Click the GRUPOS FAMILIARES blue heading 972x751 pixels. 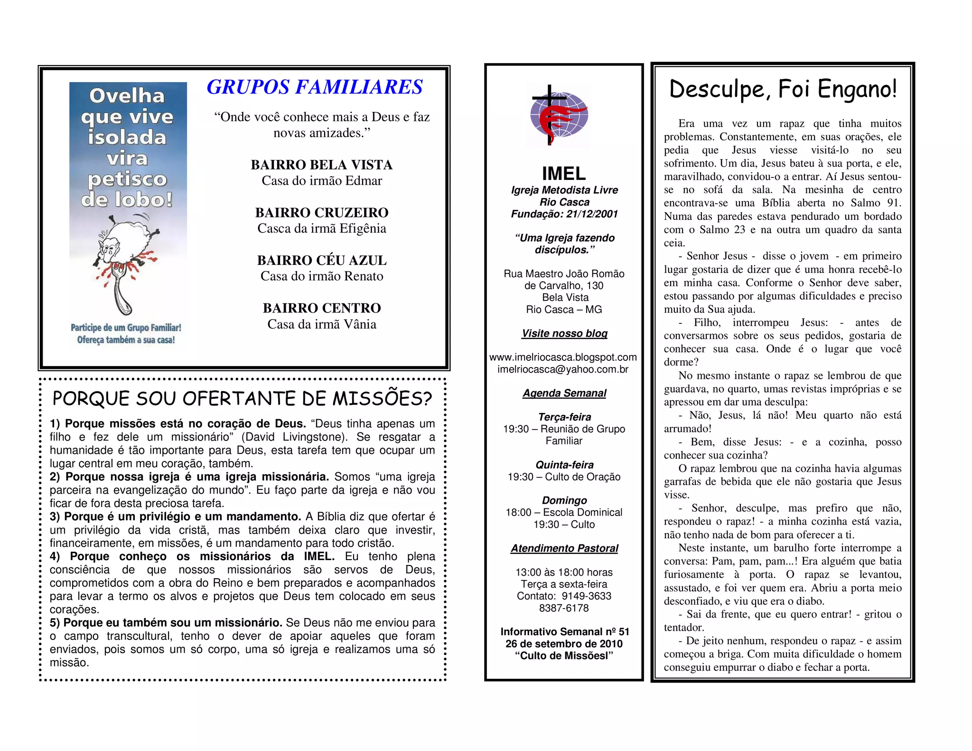click(x=314, y=87)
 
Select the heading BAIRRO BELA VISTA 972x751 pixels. click(x=322, y=165)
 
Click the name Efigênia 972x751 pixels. click(x=364, y=228)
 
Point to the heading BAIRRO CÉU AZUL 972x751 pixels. click(x=322, y=260)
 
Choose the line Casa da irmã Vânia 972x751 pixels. click(x=322, y=324)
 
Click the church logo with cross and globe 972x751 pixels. click(x=559, y=115)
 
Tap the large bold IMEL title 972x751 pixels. click(x=564, y=173)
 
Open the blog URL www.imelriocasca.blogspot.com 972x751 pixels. click(x=563, y=357)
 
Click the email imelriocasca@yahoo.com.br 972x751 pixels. click(x=563, y=369)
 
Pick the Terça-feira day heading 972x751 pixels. click(x=564, y=417)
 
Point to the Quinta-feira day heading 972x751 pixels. click(x=564, y=465)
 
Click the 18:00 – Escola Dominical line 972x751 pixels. click(x=564, y=512)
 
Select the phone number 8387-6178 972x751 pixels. click(x=564, y=608)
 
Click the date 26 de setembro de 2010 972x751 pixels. click(x=564, y=644)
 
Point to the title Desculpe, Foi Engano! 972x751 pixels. click(x=783, y=89)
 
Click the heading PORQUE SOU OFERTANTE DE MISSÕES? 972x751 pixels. click(x=242, y=399)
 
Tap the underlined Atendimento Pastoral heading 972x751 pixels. click(x=564, y=548)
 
